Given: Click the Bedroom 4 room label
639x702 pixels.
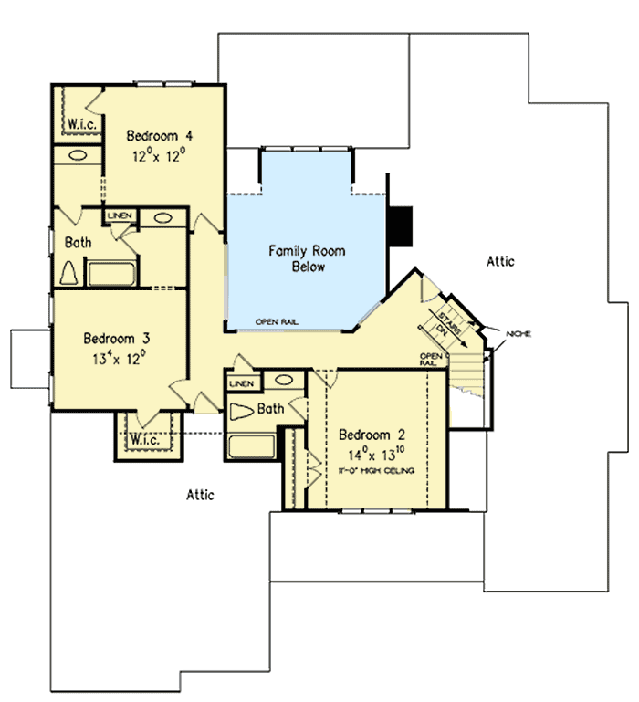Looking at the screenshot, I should click(x=160, y=136).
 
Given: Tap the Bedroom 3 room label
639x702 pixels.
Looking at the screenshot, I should click(x=116, y=336).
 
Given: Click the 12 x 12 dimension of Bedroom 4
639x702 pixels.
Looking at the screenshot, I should click(x=160, y=155).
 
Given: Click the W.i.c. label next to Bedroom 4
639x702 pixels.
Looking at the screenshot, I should click(x=77, y=122).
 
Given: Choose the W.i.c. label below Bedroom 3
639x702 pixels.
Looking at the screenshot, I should click(x=143, y=440).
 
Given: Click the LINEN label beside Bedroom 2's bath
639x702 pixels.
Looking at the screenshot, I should click(x=241, y=383).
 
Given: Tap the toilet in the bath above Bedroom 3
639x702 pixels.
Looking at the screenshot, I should click(x=70, y=272).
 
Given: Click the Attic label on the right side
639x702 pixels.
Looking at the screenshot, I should click(x=499, y=261).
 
